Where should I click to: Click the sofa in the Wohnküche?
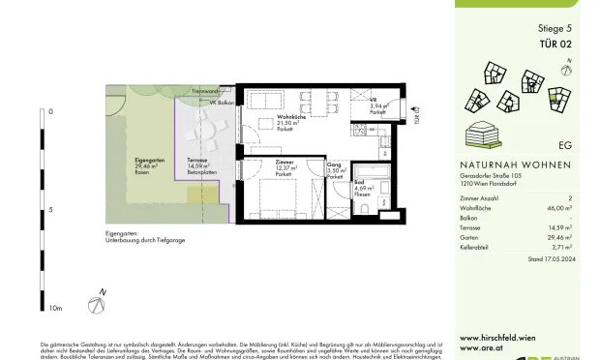pyautogui.click(x=262, y=100)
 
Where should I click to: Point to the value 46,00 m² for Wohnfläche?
pyautogui.click(x=556, y=207)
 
